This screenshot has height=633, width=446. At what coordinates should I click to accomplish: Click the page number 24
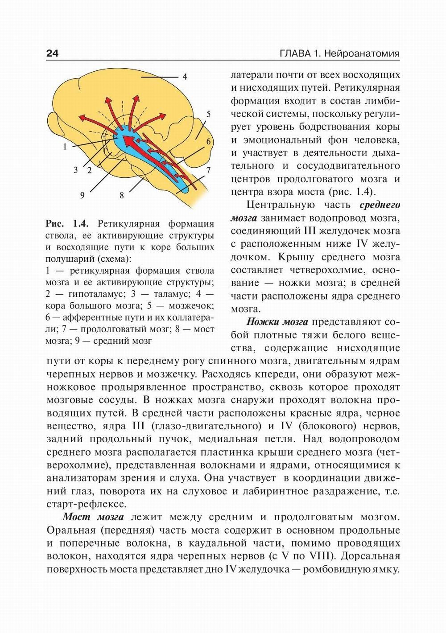[x=52, y=54]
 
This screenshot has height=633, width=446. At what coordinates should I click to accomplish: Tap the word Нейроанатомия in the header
[x=362, y=54]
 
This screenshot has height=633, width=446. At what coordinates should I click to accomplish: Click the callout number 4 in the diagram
[x=185, y=77]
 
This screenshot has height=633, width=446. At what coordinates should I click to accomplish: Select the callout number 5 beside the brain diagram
[x=208, y=114]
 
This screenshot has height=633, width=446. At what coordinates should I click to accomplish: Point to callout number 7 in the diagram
[x=208, y=170]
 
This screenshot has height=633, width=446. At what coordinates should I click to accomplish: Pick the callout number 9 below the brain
[x=82, y=195]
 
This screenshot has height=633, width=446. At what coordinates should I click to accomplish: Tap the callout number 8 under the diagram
[x=121, y=195]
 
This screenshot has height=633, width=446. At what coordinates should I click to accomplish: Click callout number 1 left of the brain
[x=65, y=146]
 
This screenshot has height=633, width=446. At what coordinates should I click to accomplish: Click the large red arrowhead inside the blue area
[x=129, y=142]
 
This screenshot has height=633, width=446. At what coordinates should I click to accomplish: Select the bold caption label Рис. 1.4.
[x=67, y=223]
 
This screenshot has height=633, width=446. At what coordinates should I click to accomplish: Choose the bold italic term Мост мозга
[x=93, y=517]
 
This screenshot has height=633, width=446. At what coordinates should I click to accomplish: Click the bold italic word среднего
[x=380, y=205]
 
